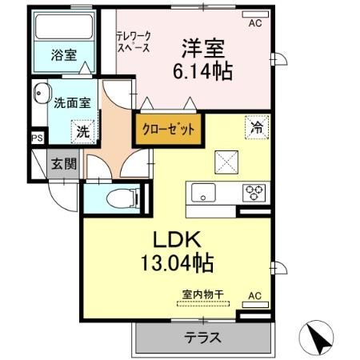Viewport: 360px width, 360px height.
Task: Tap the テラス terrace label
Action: pos(203,338)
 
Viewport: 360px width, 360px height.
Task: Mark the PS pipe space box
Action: pos(38,138)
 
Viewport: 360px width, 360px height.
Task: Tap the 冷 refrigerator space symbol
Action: pos(257,126)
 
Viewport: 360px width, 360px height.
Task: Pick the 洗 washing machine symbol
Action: pos(82,129)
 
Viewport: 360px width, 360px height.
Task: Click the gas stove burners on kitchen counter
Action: pos(255,192)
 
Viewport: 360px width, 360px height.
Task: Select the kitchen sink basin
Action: pos(201,192)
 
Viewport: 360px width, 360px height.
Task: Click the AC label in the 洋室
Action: pos(255,24)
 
